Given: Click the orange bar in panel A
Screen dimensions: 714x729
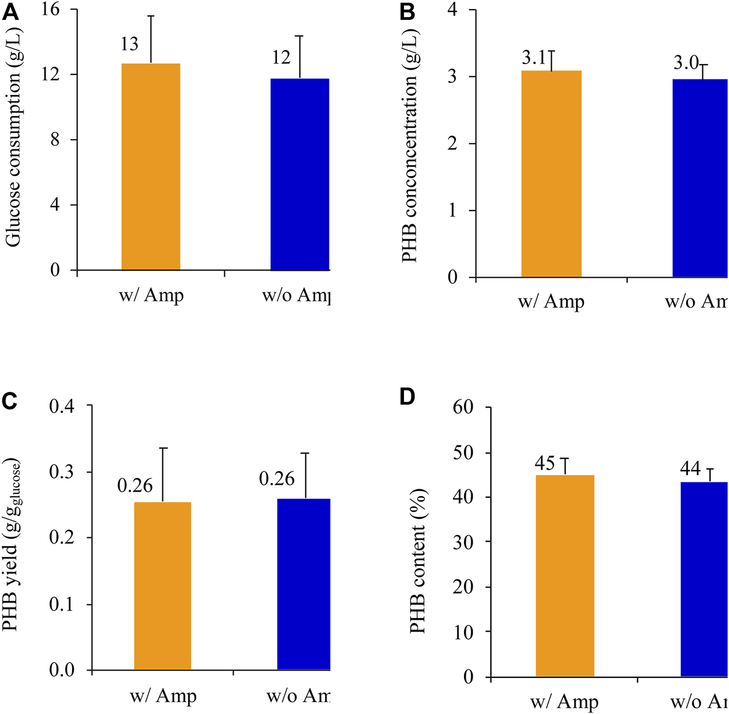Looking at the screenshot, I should coord(150,166).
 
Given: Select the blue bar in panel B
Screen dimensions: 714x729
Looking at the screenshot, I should coord(700,178).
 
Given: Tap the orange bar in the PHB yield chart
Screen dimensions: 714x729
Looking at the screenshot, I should coord(163,585).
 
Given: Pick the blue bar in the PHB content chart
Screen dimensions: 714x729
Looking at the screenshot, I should coord(704,579).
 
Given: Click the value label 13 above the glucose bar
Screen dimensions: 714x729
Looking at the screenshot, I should coord(129,45).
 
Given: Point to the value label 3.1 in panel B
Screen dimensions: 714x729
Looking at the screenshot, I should coord(534,58).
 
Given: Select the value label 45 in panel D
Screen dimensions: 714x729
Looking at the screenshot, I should coord(545,463).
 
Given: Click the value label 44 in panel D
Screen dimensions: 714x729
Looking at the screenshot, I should coord(690,469).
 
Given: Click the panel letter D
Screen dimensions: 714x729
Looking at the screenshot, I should coord(407,396).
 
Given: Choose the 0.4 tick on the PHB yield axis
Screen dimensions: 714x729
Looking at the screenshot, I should coord(62,406).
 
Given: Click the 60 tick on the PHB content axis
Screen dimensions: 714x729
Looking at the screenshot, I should coord(463,408).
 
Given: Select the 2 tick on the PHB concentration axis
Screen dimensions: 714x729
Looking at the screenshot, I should coord(453,143).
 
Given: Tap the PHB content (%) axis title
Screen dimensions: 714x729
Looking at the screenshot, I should coord(419,561).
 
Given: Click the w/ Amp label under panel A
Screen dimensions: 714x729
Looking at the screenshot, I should coord(151,296).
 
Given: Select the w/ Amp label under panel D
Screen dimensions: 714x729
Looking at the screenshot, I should coord(564,702).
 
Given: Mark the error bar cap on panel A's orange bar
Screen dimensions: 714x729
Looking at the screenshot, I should coord(151,16).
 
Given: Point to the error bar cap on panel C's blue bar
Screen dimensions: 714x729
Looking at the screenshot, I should coord(306,453).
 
